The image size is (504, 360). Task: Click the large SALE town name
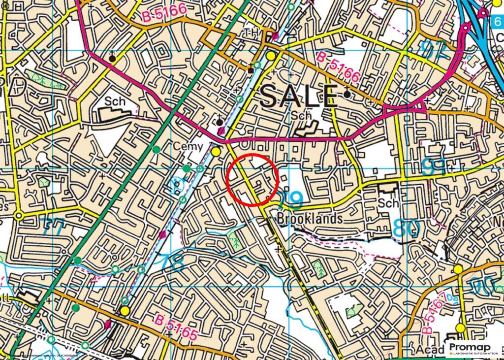(x=299, y=96)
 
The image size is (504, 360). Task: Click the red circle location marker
(x=253, y=179)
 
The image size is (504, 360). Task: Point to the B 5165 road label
(x=177, y=327)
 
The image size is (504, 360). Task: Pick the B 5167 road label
(x=435, y=310)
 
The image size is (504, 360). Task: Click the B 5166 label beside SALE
(x=339, y=67)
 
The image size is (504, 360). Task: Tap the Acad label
(x=425, y=350)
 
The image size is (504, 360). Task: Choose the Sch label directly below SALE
(x=301, y=115)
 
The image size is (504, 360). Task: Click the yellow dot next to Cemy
(x=216, y=152)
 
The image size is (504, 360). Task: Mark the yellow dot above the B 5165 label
(x=125, y=311)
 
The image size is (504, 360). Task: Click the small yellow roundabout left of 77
(x=19, y=216)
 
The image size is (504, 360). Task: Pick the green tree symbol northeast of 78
(x=235, y=241)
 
